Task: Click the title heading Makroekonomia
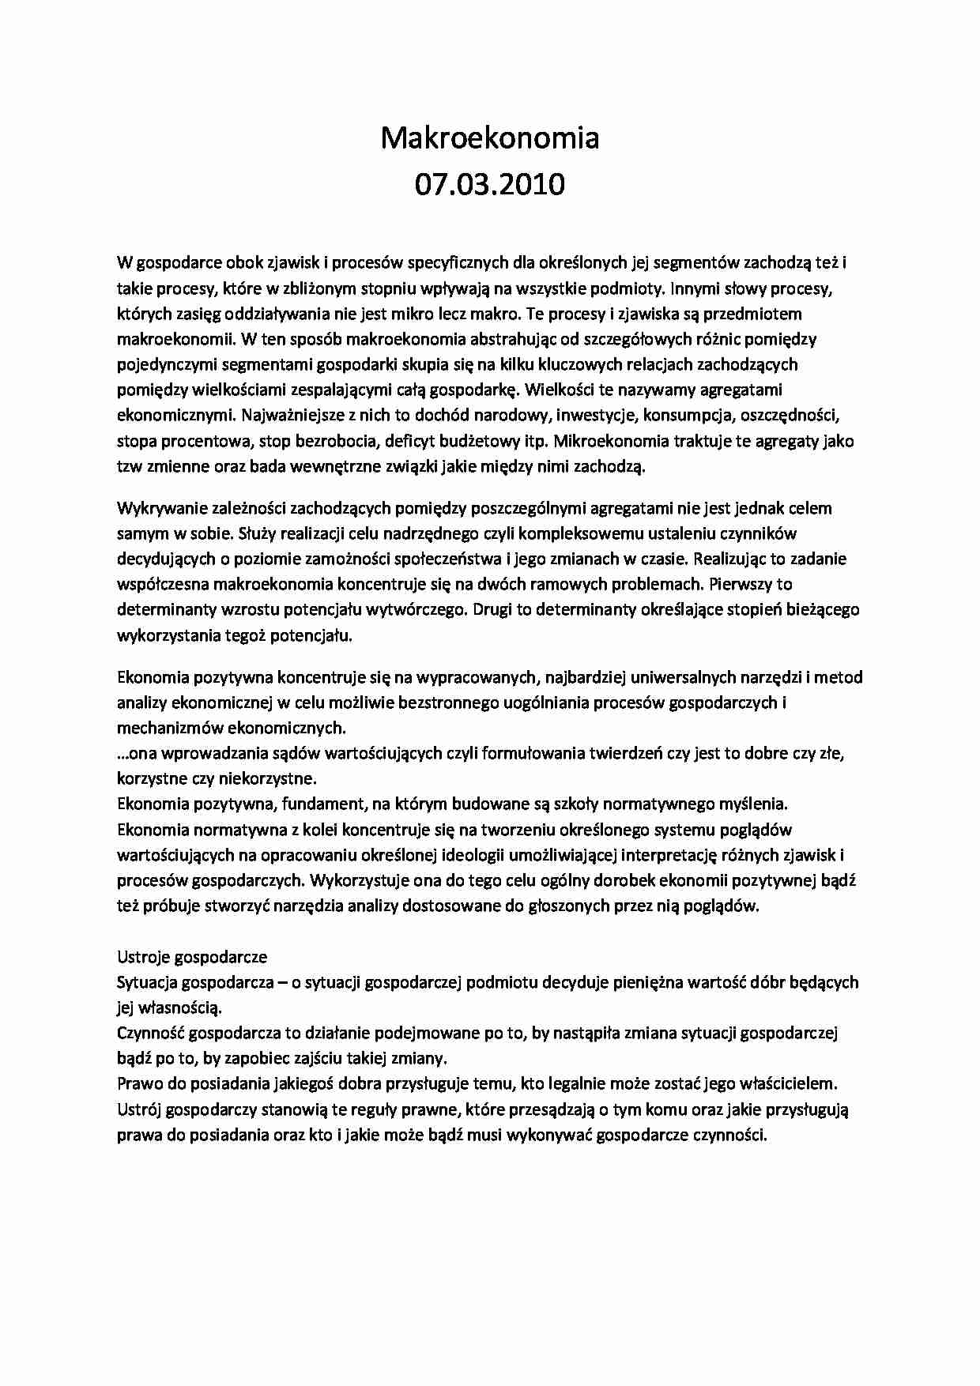pyautogui.click(x=490, y=137)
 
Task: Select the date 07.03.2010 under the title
pyautogui.click(x=490, y=184)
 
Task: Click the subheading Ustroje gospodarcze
pyautogui.click(x=192, y=956)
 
